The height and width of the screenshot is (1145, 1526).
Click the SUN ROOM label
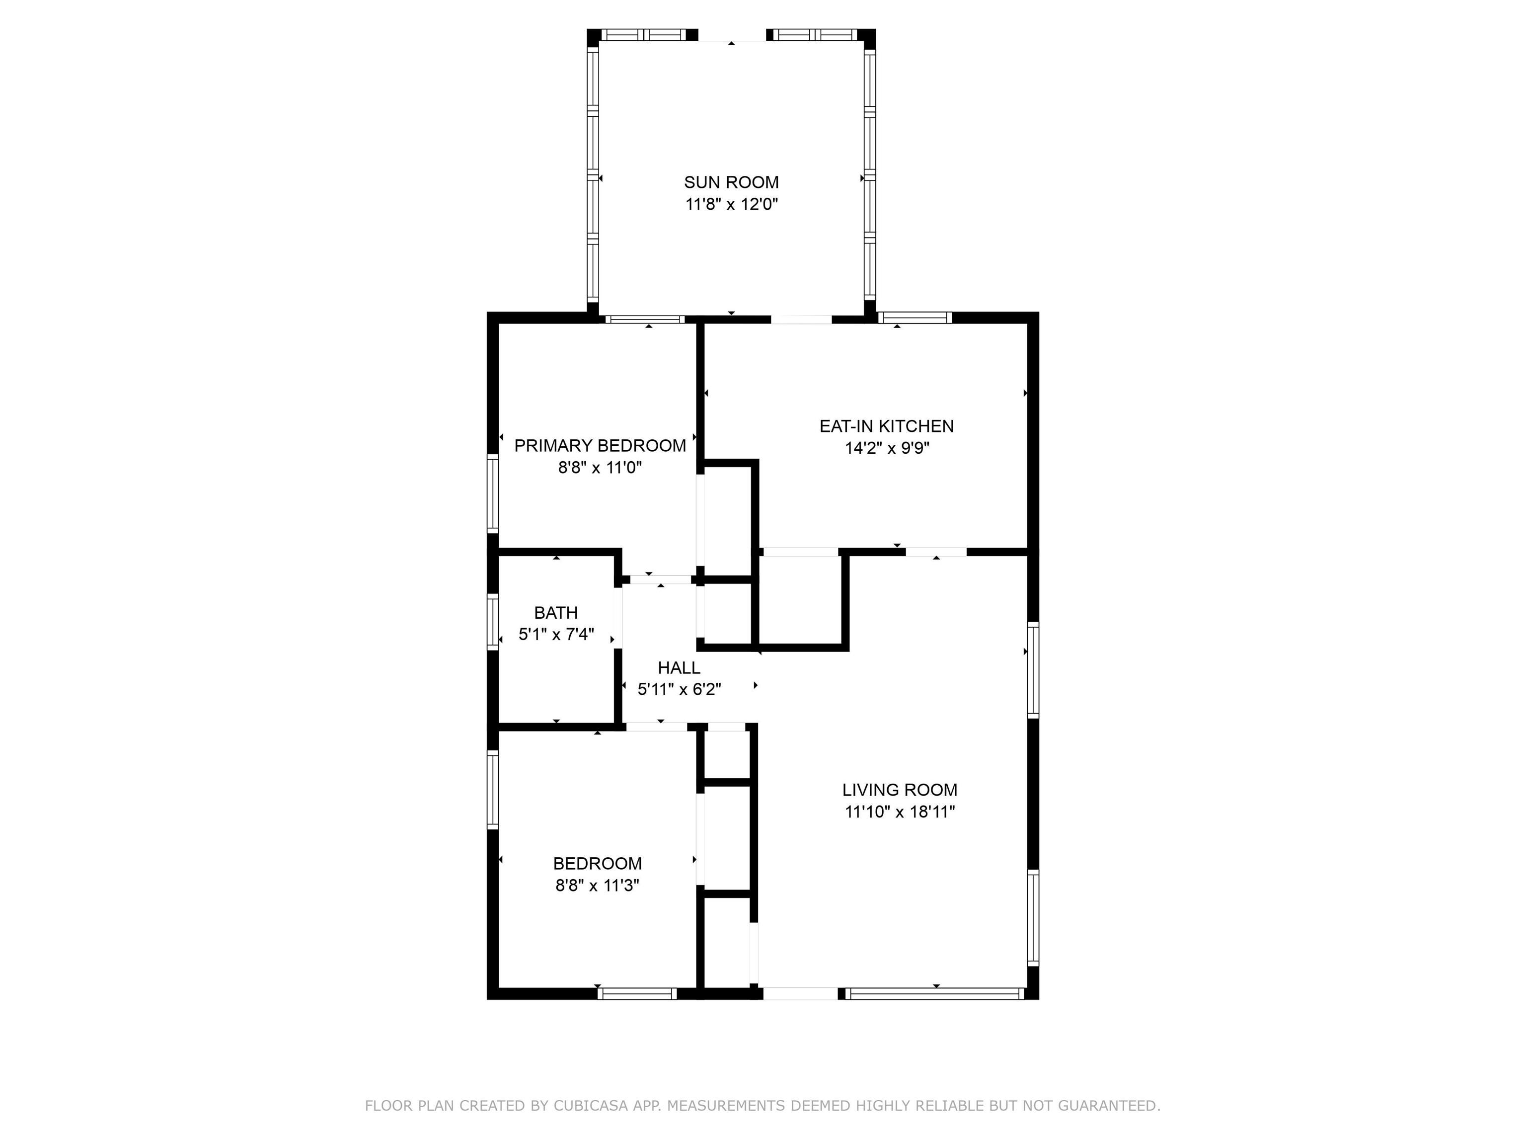click(731, 182)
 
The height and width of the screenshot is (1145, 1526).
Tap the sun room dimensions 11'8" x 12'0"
click(731, 204)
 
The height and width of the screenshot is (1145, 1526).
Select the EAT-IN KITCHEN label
click(887, 426)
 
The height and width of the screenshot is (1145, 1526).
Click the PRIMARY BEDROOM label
click(600, 446)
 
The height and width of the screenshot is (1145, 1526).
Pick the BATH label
click(556, 612)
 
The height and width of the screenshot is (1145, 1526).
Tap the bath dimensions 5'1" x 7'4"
click(556, 634)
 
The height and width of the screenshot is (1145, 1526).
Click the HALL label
click(679, 667)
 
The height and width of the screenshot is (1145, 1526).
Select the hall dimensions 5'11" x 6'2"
click(680, 689)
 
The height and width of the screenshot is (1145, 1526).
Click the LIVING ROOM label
click(900, 790)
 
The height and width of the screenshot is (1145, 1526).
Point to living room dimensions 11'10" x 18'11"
click(900, 812)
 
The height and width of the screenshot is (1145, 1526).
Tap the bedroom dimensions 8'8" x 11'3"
click(598, 886)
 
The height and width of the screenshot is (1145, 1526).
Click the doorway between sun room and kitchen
click(801, 320)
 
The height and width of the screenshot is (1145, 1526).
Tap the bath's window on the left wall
click(493, 622)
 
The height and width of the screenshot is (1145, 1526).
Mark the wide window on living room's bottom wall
click(935, 994)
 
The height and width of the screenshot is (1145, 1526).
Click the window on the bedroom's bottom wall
click(637, 994)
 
